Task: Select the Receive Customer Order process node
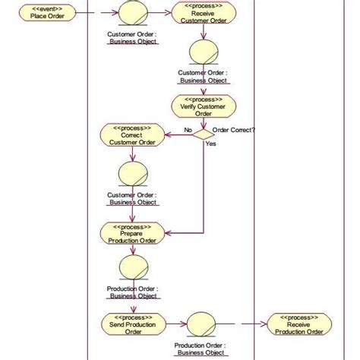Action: (204, 13)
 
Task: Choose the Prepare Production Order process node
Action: (132, 233)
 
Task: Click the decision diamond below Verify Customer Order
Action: (204, 134)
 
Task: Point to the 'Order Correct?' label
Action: (233, 130)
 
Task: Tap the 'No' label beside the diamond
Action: (187, 130)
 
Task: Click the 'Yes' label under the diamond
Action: (210, 144)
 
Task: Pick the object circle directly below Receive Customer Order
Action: (204, 52)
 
